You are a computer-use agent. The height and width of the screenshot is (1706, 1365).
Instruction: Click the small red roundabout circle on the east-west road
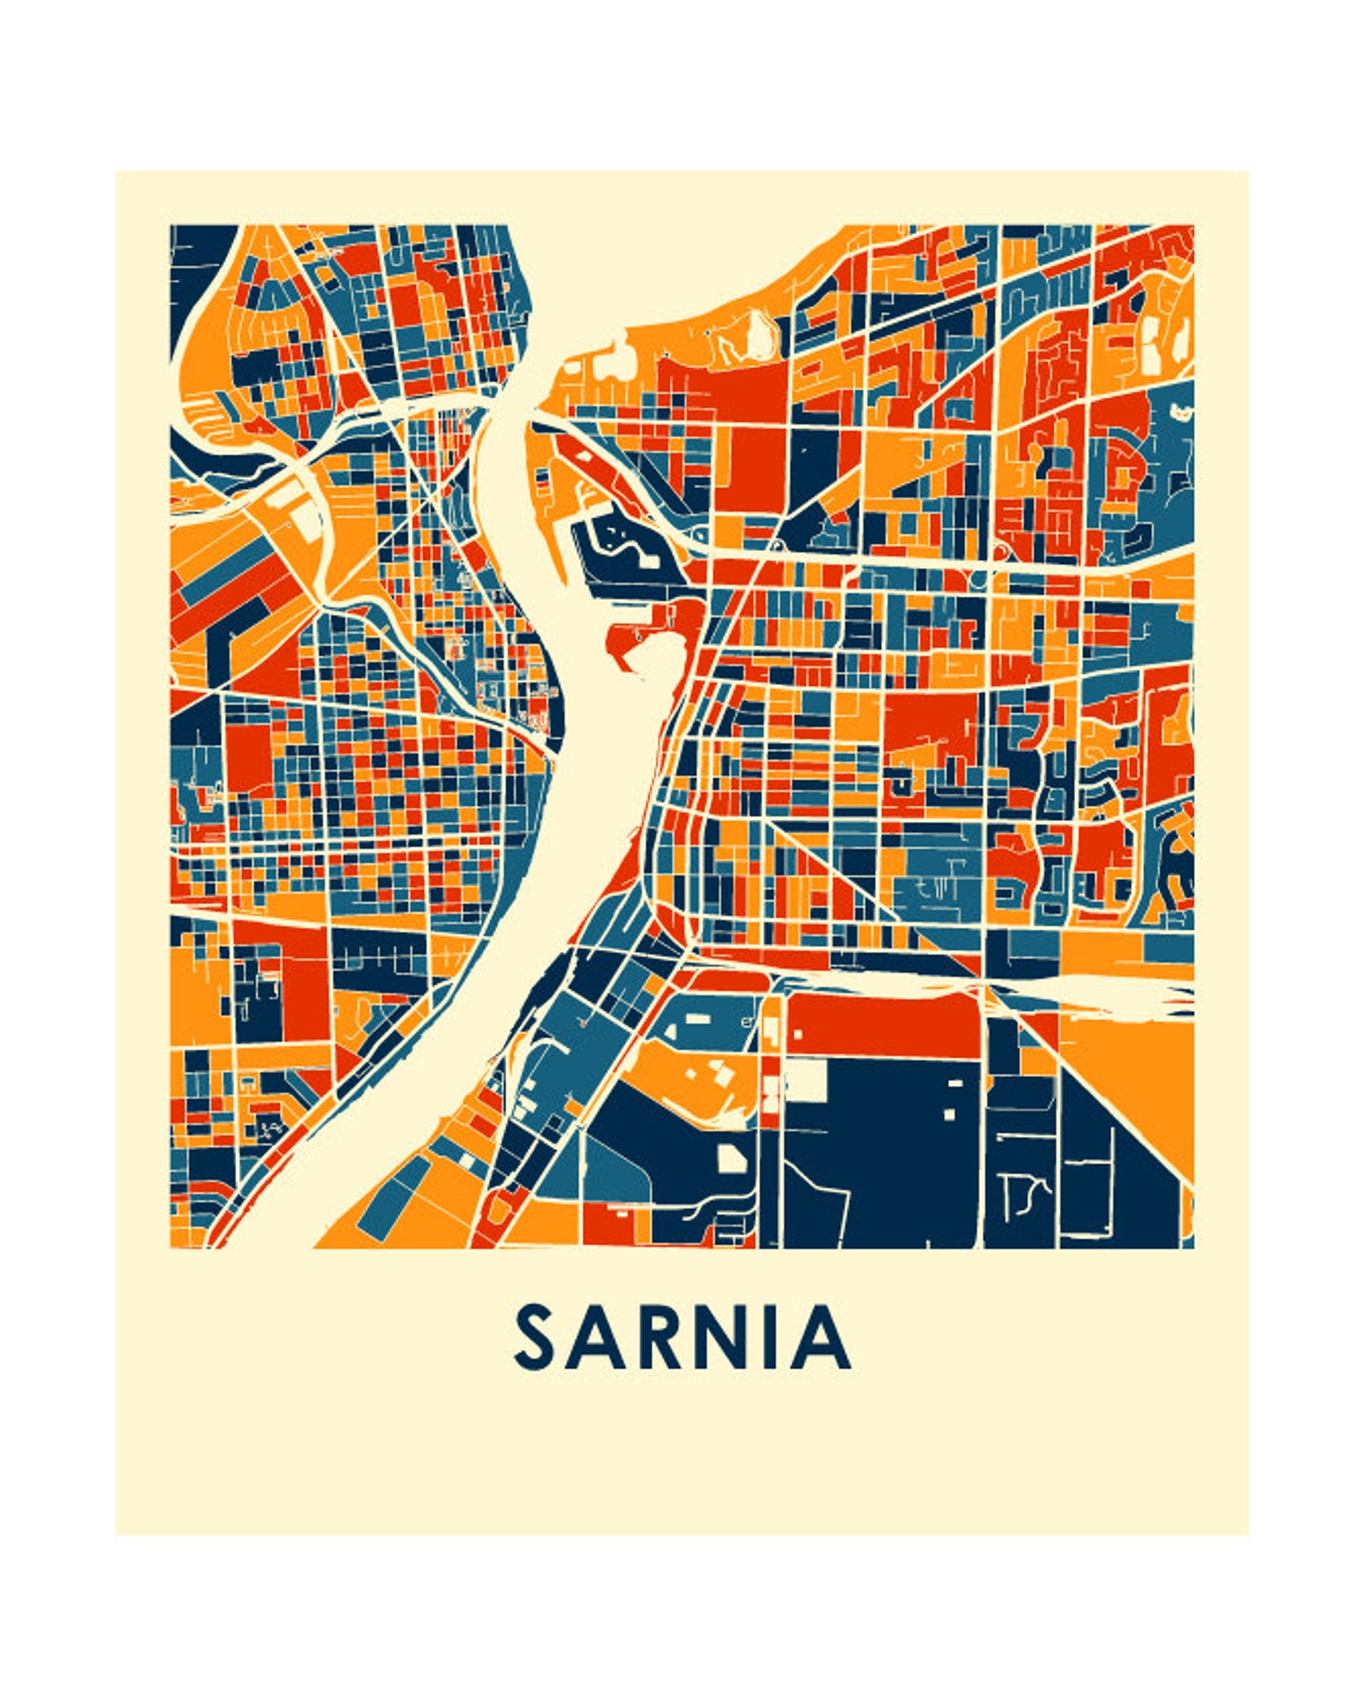click(1001, 550)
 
